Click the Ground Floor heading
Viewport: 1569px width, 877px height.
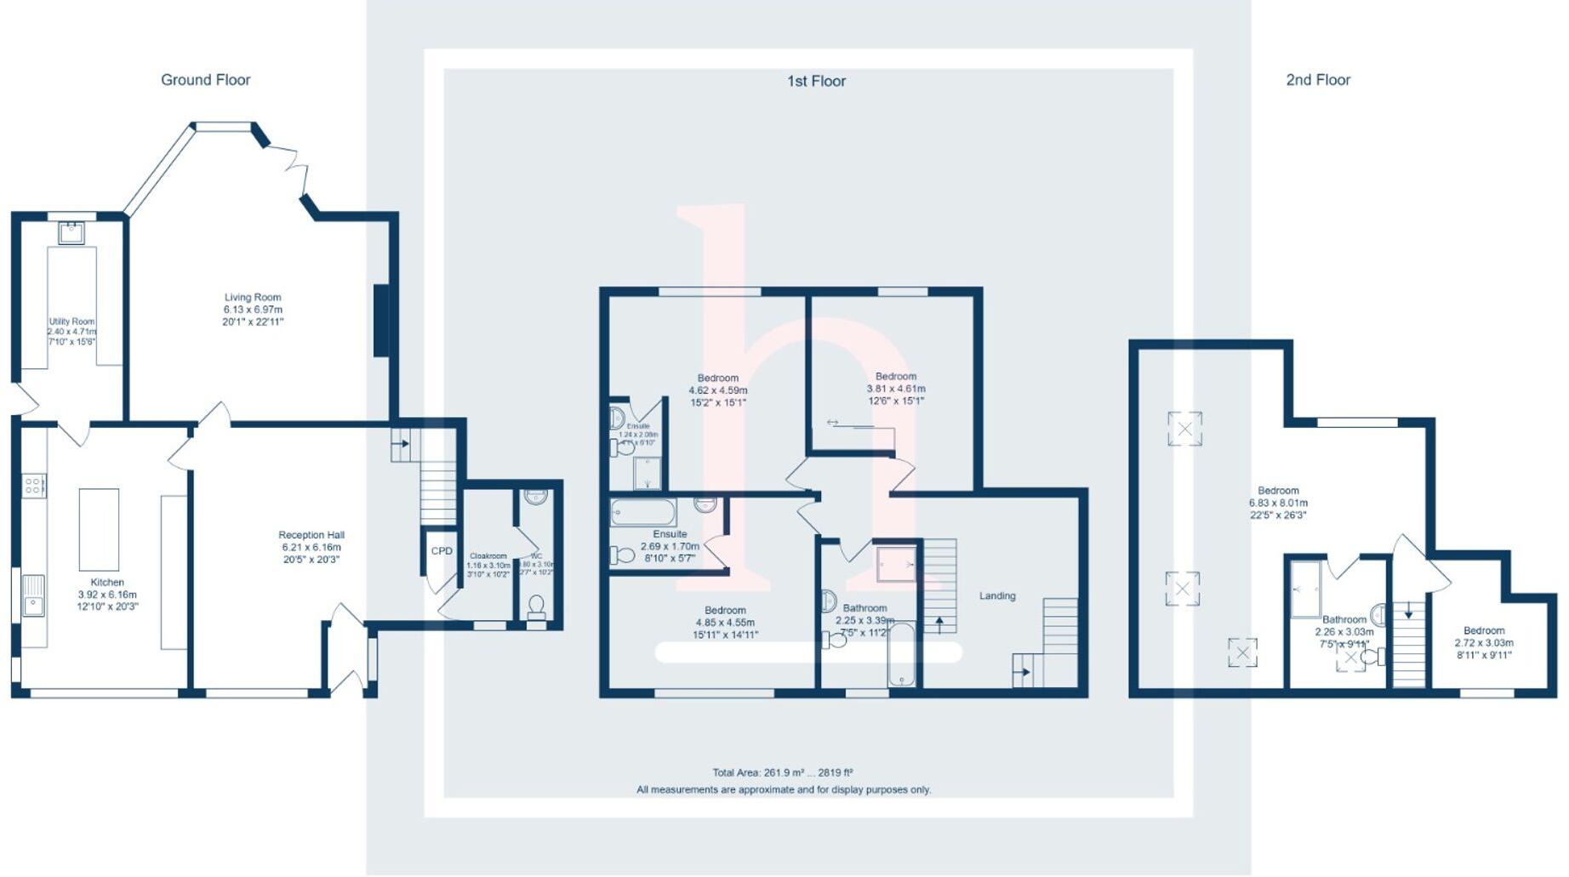pyautogui.click(x=206, y=80)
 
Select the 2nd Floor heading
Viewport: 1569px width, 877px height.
pyautogui.click(x=1318, y=80)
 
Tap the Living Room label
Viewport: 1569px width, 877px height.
pyautogui.click(x=253, y=298)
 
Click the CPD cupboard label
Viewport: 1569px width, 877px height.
pyautogui.click(x=442, y=551)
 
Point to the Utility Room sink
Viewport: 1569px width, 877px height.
pyautogui.click(x=71, y=232)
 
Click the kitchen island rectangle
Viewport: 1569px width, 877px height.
pyautogui.click(x=99, y=529)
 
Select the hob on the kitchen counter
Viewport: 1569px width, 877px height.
pyautogui.click(x=34, y=486)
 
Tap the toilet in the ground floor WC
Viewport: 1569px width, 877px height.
pyautogui.click(x=536, y=605)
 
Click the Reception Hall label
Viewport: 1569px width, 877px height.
pyautogui.click(x=311, y=535)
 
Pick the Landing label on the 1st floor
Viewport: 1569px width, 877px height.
pyautogui.click(x=997, y=595)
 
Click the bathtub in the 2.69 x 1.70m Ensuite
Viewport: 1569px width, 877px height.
pyautogui.click(x=643, y=512)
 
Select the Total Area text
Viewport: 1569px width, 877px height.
pyautogui.click(x=783, y=772)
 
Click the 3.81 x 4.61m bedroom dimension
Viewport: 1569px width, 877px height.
pyautogui.click(x=896, y=389)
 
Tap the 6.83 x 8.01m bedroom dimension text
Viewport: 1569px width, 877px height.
pyautogui.click(x=1278, y=503)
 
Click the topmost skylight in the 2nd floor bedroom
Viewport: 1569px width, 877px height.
pyautogui.click(x=1184, y=429)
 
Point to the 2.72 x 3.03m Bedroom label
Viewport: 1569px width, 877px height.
pyautogui.click(x=1484, y=630)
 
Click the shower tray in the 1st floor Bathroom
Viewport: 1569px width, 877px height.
pyautogui.click(x=897, y=564)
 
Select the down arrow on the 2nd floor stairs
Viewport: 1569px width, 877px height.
pyautogui.click(x=1409, y=612)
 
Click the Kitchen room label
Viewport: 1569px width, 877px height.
pyautogui.click(x=107, y=583)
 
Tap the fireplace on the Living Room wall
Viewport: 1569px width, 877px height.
pyautogui.click(x=381, y=320)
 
